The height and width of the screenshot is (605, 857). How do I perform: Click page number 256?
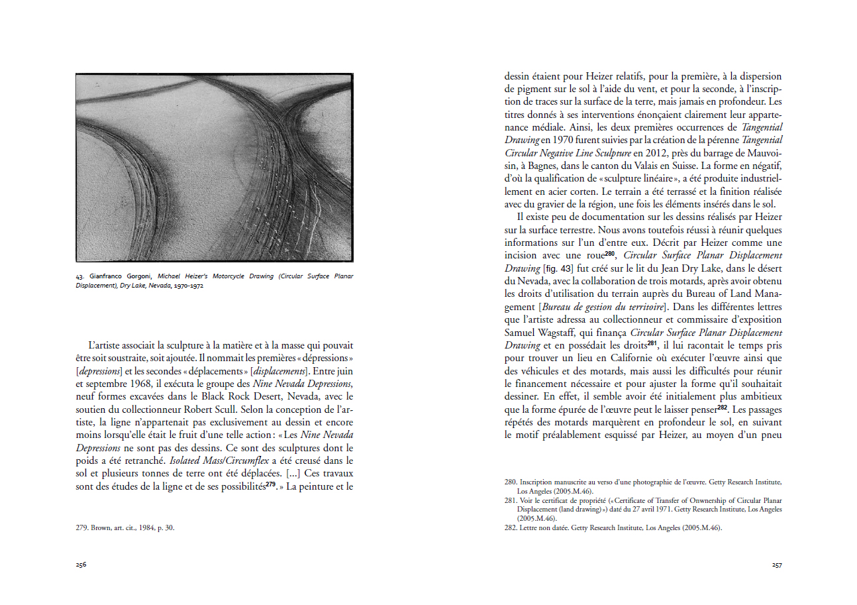[x=81, y=565]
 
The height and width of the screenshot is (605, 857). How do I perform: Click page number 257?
[x=776, y=565]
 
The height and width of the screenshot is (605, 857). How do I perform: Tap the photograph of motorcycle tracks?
[x=214, y=168]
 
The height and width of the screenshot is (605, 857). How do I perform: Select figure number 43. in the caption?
[x=81, y=276]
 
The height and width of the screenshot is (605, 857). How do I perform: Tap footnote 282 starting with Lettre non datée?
[x=613, y=528]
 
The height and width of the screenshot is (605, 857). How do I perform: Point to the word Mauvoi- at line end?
[x=763, y=152]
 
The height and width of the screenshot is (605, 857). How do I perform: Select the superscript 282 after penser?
[x=723, y=407]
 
